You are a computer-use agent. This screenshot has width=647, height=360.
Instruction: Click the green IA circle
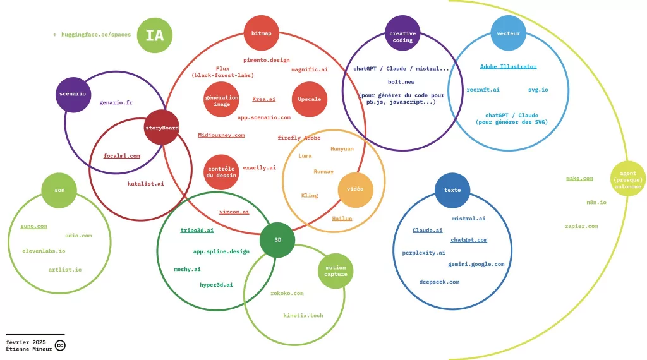(155, 35)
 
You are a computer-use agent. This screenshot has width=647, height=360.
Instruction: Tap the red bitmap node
(261, 33)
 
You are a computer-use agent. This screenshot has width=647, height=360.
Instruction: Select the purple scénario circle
(73, 95)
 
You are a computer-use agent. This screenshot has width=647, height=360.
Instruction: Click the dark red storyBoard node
(162, 128)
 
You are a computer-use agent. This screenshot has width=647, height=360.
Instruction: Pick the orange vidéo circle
(355, 189)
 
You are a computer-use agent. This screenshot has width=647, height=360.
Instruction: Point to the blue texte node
(452, 190)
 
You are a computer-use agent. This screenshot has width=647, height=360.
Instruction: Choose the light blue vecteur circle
(509, 33)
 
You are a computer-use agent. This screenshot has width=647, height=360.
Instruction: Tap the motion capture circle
(336, 271)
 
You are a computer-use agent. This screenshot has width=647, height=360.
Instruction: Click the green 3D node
(277, 240)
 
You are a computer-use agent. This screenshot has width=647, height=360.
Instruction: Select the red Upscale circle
(310, 99)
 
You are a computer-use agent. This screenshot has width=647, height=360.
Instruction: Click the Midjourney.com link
(221, 135)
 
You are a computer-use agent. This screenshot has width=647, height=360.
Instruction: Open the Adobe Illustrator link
(509, 66)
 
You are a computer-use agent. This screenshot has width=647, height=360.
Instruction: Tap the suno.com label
(34, 226)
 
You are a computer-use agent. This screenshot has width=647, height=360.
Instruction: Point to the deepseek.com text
(439, 282)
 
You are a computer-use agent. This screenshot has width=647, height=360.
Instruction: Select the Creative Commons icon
(60, 345)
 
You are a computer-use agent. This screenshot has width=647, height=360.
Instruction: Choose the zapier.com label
(581, 226)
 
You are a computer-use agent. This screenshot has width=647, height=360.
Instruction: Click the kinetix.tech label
(303, 315)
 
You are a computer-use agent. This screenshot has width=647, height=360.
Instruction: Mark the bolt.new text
(401, 82)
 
